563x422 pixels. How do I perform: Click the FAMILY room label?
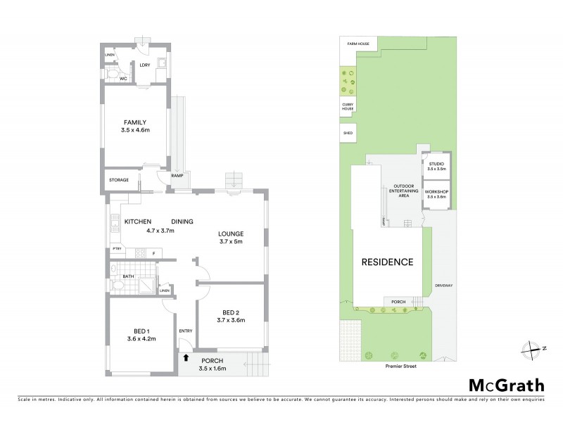click(x=134, y=122)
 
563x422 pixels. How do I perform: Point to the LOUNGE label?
click(x=230, y=234)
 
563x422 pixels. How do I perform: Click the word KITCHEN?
click(x=138, y=222)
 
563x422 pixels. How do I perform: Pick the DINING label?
click(x=182, y=222)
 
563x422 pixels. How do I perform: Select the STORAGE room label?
click(x=119, y=181)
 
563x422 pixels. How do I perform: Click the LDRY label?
click(x=145, y=65)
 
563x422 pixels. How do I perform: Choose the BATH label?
click(x=128, y=276)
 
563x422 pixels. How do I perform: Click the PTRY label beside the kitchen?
click(x=117, y=249)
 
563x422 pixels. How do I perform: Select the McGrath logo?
click(x=507, y=385)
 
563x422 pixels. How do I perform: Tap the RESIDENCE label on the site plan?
click(x=387, y=262)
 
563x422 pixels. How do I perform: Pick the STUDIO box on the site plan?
click(x=436, y=166)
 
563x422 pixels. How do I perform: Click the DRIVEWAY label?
click(x=444, y=286)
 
